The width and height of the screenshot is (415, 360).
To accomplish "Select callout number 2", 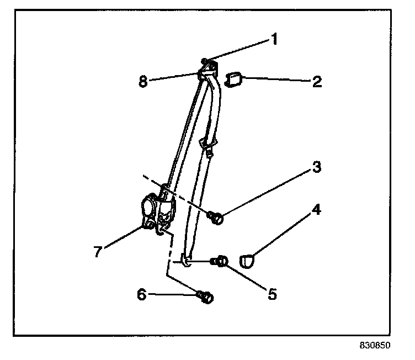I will click(x=317, y=82).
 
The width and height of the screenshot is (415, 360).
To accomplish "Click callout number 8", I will click(x=142, y=82).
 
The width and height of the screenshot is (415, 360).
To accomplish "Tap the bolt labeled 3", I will click(x=217, y=219).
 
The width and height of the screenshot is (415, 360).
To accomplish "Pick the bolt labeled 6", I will click(x=206, y=298).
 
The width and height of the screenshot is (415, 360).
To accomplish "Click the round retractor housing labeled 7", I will click(x=149, y=207).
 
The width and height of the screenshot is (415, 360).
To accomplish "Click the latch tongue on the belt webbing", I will click(x=208, y=146).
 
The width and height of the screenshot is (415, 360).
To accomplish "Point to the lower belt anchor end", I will click(x=187, y=262).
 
